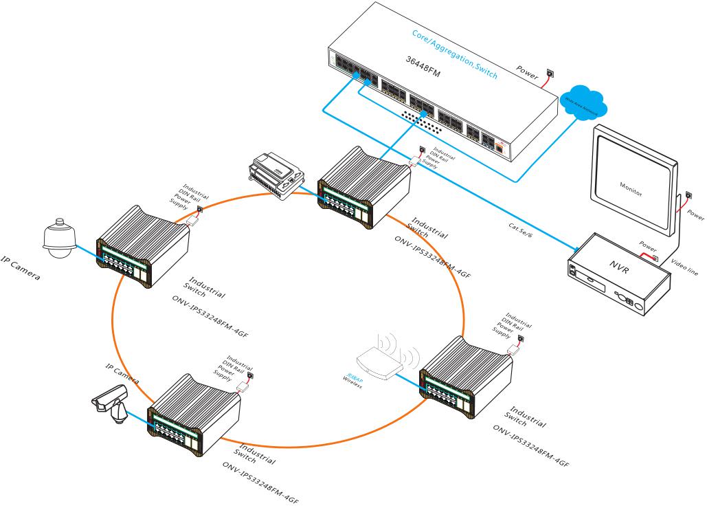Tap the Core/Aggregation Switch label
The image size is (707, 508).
[x=454, y=54]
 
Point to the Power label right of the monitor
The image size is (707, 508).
[x=695, y=215]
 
